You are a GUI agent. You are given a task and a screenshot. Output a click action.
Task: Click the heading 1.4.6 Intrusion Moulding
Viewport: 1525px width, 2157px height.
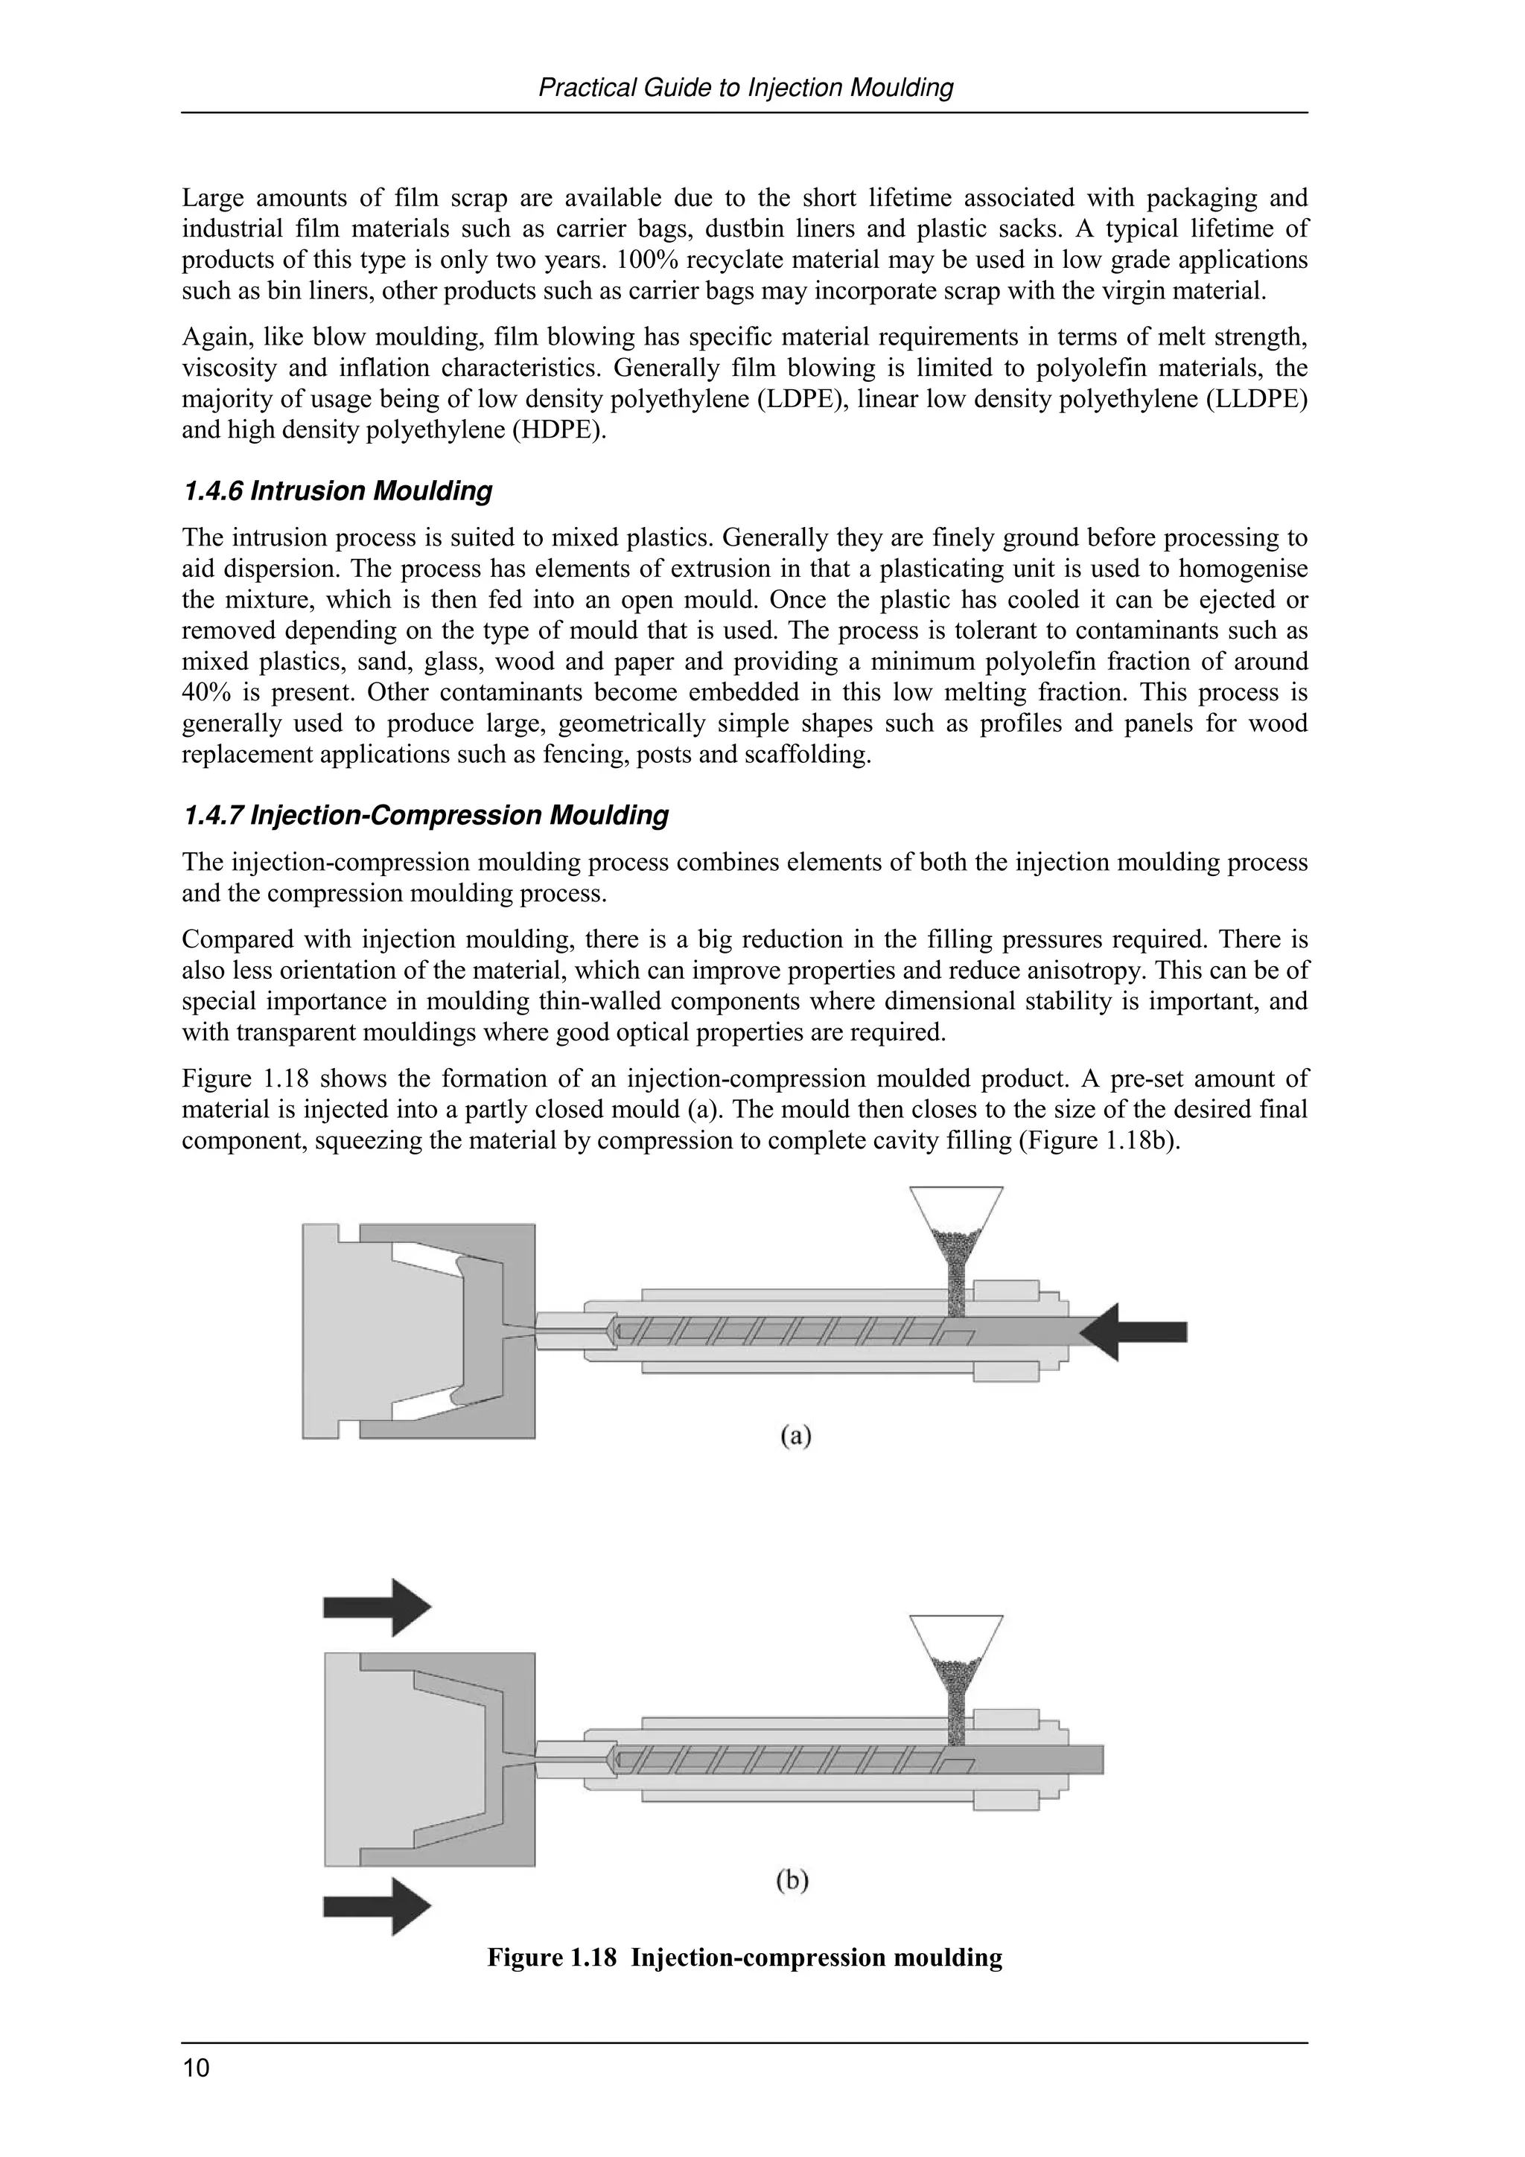click(337, 491)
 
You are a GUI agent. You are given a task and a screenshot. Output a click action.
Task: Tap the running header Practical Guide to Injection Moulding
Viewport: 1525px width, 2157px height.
click(745, 89)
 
